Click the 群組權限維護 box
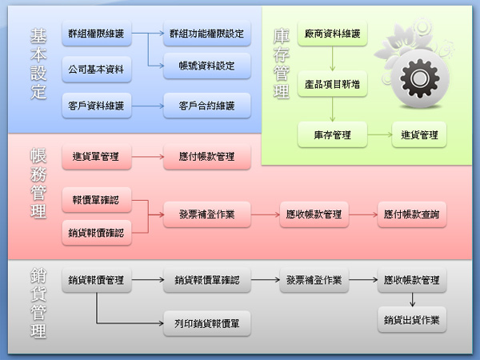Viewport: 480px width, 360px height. pyautogui.click(x=96, y=34)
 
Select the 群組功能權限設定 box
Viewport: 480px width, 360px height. pyautogui.click(x=206, y=34)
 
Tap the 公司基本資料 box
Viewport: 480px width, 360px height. pyautogui.click(x=96, y=70)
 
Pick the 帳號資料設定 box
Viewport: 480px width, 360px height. pyautogui.click(x=206, y=65)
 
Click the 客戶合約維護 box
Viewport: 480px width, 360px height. pyautogui.click(x=206, y=105)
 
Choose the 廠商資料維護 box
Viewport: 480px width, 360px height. pyautogui.click(x=332, y=35)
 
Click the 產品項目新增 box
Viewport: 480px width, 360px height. pyautogui.click(x=332, y=82)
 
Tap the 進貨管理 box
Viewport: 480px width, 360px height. pyautogui.click(x=418, y=135)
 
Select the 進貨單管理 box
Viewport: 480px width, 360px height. pyautogui.click(x=96, y=157)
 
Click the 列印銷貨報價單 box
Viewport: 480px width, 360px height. pyautogui.click(x=206, y=323)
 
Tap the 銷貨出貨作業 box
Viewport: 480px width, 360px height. pyautogui.click(x=412, y=320)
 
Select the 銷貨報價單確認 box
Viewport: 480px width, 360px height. pyautogui.click(x=206, y=281)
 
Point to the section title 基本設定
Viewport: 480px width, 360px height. pyautogui.click(x=38, y=65)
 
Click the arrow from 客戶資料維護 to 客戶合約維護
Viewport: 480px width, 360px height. pyautogui.click(x=146, y=105)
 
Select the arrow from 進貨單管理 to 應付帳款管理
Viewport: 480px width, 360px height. pyautogui.click(x=146, y=157)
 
